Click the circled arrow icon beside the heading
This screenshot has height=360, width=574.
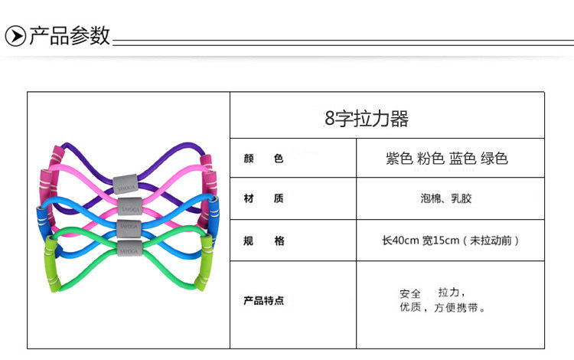(x=15, y=36)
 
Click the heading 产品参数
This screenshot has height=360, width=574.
(x=70, y=36)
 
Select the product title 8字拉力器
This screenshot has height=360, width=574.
(x=367, y=119)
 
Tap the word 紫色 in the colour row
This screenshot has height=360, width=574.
(x=400, y=159)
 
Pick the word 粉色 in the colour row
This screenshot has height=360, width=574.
(x=432, y=159)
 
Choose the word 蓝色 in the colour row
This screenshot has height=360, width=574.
(x=463, y=159)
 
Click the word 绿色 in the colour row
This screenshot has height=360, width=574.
(x=494, y=159)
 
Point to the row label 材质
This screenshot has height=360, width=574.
(x=263, y=199)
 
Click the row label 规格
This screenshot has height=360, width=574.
(x=263, y=241)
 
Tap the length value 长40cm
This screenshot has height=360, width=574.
(x=400, y=241)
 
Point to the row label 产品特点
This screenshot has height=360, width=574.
(x=263, y=300)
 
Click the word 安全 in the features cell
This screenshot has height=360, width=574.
(x=410, y=293)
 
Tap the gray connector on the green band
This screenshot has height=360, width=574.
(x=128, y=247)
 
